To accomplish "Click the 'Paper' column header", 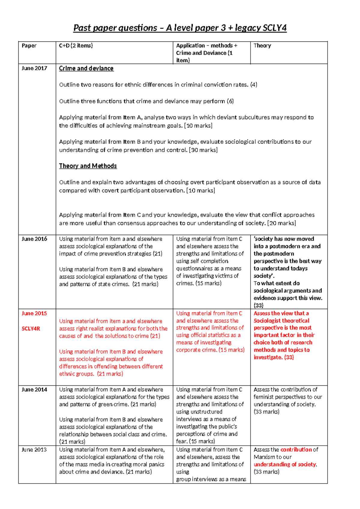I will pos(29,46).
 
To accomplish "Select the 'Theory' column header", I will pos(262,46).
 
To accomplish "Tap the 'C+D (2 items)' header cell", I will pos(76,46).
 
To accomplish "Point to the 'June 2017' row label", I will pos(34,68).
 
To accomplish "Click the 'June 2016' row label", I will pos(34,239).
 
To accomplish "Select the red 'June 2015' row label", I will pos(34,313).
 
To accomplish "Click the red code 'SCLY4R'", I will pos(31,329).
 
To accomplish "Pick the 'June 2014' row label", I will pos(34,390).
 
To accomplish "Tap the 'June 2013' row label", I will pos(34,450).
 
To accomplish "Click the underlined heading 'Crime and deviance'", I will pos(86,68).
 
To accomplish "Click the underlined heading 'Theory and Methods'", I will pos(88,166).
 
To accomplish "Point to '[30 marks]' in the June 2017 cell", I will pos(203,150).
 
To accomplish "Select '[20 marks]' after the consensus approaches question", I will pos(281,223).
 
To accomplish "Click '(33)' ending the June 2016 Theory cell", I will pos(258,306).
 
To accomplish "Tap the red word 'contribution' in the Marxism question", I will pos(296,450).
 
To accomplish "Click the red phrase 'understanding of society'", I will pos(285,464).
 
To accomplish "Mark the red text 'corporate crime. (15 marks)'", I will pos(210,350).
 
